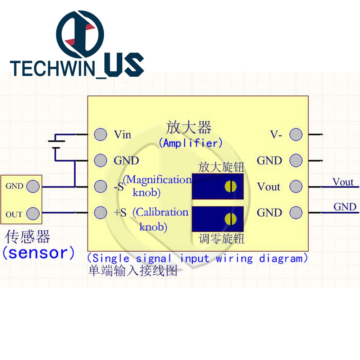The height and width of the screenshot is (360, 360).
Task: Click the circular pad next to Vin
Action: point(100,135)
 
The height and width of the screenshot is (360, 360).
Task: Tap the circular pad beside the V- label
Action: point(296,135)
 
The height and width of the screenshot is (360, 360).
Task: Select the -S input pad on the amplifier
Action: point(100,186)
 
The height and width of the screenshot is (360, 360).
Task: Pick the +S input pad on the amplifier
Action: point(100,212)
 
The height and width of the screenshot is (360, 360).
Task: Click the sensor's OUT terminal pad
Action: point(33,213)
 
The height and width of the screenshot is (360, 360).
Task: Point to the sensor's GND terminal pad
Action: point(33,186)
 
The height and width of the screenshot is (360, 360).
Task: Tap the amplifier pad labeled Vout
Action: point(296,186)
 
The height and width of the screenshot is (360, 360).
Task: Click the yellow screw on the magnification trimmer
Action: point(230,186)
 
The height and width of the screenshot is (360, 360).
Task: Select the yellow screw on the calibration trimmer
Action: point(230,219)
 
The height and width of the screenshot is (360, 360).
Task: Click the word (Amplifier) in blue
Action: point(190,143)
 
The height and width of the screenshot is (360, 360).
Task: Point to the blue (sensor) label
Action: point(39,253)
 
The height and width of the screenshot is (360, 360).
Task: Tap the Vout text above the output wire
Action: point(343,182)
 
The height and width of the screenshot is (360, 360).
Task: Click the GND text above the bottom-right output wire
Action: point(345,207)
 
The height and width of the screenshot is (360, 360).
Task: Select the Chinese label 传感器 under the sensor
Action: point(28,237)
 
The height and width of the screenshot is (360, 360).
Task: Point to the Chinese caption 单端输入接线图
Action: point(133,271)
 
